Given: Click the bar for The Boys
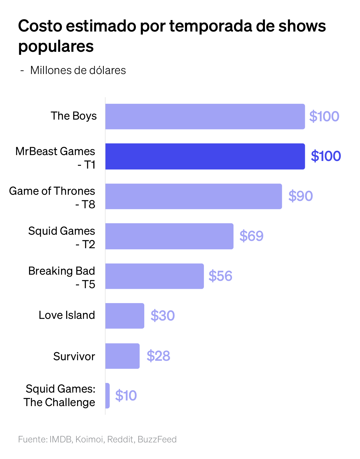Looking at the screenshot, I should [x=205, y=117].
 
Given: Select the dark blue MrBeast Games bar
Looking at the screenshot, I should [x=205, y=156].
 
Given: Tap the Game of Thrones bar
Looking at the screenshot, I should [x=193, y=196].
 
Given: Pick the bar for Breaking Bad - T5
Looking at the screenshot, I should [x=154, y=276].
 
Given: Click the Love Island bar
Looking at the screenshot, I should [x=125, y=316].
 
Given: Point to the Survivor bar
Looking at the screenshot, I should [x=122, y=356].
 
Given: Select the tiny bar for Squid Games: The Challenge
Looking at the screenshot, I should [x=107, y=396].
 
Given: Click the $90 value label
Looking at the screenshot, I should [x=300, y=196].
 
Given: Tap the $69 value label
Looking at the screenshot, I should [x=251, y=236].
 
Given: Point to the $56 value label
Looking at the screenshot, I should [x=220, y=276].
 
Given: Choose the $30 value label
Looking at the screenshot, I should [x=163, y=316].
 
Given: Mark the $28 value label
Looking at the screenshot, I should [x=158, y=356].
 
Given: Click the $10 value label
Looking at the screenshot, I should [x=126, y=396].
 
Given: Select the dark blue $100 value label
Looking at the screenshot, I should [x=326, y=156].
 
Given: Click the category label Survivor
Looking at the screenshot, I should [x=74, y=357].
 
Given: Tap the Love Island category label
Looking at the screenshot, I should [x=67, y=315].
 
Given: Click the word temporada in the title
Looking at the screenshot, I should [x=211, y=26].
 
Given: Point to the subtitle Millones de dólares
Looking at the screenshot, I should [x=78, y=70].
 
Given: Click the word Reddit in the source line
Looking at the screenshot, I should [x=120, y=439].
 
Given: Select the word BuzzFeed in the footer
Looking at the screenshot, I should [x=157, y=439].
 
